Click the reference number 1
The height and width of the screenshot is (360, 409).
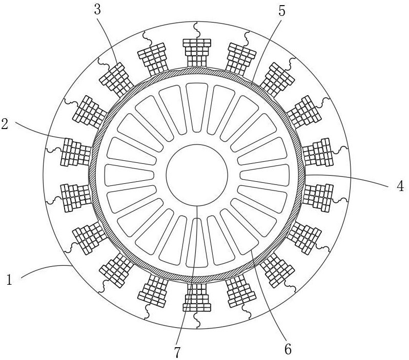click(9, 280)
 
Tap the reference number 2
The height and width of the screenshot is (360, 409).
click(5, 124)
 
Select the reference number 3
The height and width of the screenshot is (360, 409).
click(97, 10)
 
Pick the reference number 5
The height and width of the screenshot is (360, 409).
click(282, 10)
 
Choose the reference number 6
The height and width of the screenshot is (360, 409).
click(288, 349)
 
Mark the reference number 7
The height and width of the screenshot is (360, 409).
click(177, 353)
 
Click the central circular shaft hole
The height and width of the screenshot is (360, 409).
click(197, 175)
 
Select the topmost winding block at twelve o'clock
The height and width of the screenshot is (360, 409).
click(197, 53)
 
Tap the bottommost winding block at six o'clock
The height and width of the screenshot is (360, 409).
click(197, 298)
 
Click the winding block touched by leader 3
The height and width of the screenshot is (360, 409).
click(116, 79)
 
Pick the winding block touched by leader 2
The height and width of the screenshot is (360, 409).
click(76, 152)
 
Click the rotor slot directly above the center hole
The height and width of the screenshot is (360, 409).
click(197, 108)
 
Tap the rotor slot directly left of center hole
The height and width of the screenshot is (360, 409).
click(129, 175)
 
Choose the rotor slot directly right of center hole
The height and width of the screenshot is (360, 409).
click(264, 175)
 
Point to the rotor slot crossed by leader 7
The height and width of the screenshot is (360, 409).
click(197, 243)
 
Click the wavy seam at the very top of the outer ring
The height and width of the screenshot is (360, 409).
click(197, 31)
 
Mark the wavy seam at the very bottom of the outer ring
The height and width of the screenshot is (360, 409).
click(197, 320)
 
